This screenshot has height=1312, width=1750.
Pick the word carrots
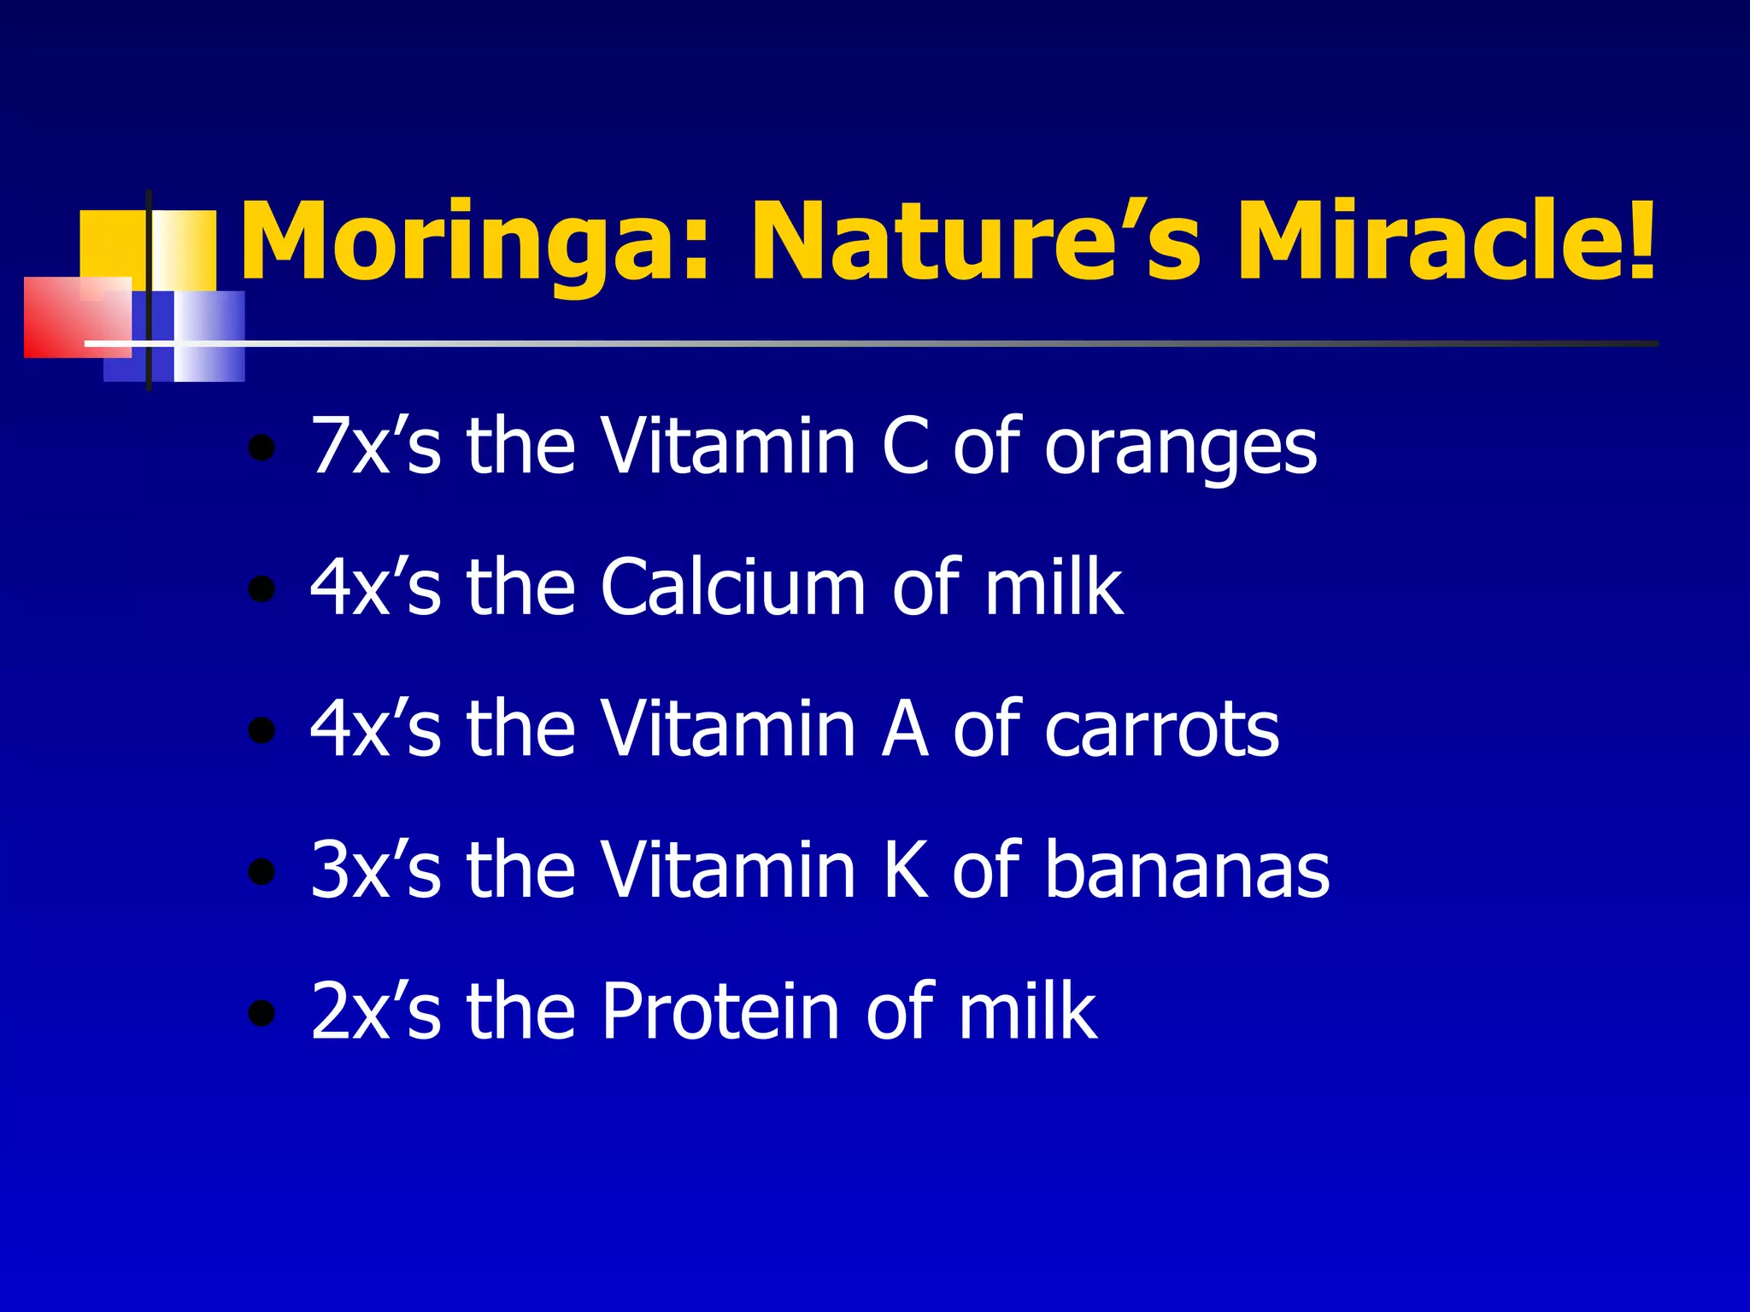point(1162,730)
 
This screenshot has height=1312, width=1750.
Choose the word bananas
point(1187,870)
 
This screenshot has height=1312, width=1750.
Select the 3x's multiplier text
point(376,870)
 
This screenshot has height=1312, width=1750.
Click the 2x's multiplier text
point(376,1011)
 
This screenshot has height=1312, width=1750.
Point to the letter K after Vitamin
point(905,870)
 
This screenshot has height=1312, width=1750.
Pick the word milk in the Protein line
point(1026,1011)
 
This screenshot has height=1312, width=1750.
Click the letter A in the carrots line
point(905,730)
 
